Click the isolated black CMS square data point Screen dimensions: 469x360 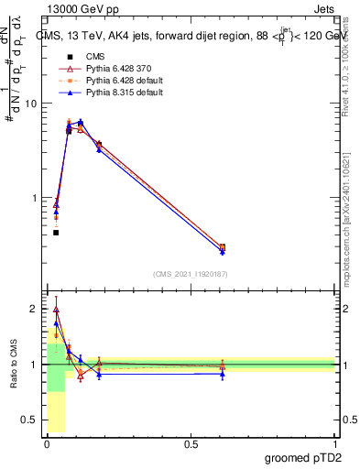pyautogui.click(x=56, y=233)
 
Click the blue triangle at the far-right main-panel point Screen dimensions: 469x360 pyautogui.click(x=223, y=251)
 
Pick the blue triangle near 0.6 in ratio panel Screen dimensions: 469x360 pyautogui.click(x=223, y=374)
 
